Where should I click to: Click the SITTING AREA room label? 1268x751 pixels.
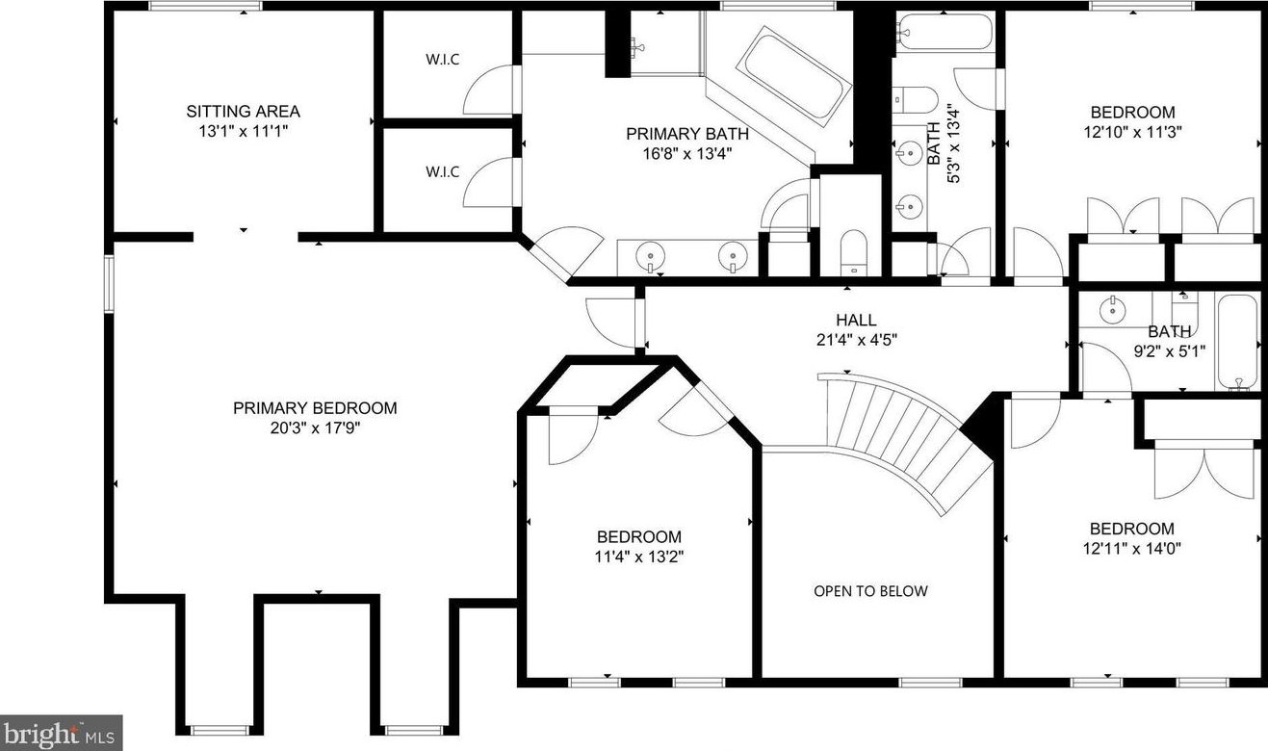pos(244,112)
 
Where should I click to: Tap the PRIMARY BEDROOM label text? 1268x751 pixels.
pos(315,408)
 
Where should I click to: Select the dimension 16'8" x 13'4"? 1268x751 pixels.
pos(687,154)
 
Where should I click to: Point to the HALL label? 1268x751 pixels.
pos(857,321)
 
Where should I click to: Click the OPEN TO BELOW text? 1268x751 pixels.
pos(870,591)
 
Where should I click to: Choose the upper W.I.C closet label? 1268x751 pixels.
pos(443,60)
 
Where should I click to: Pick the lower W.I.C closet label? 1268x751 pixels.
pos(443,172)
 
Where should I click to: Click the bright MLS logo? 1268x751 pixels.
pos(61,733)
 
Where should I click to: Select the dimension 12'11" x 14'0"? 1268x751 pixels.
pos(1132,549)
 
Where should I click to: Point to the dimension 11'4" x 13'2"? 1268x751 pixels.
pos(639,557)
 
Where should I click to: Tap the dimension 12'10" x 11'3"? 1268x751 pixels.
pos(1132,133)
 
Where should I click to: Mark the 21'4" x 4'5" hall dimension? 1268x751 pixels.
pos(857,341)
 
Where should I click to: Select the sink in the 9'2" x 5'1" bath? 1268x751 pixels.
pos(1113,310)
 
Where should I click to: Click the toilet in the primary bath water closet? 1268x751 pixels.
pos(854,252)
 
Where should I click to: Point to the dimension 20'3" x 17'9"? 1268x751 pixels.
pos(315,428)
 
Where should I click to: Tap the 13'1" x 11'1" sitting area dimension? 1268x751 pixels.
pos(244,132)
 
